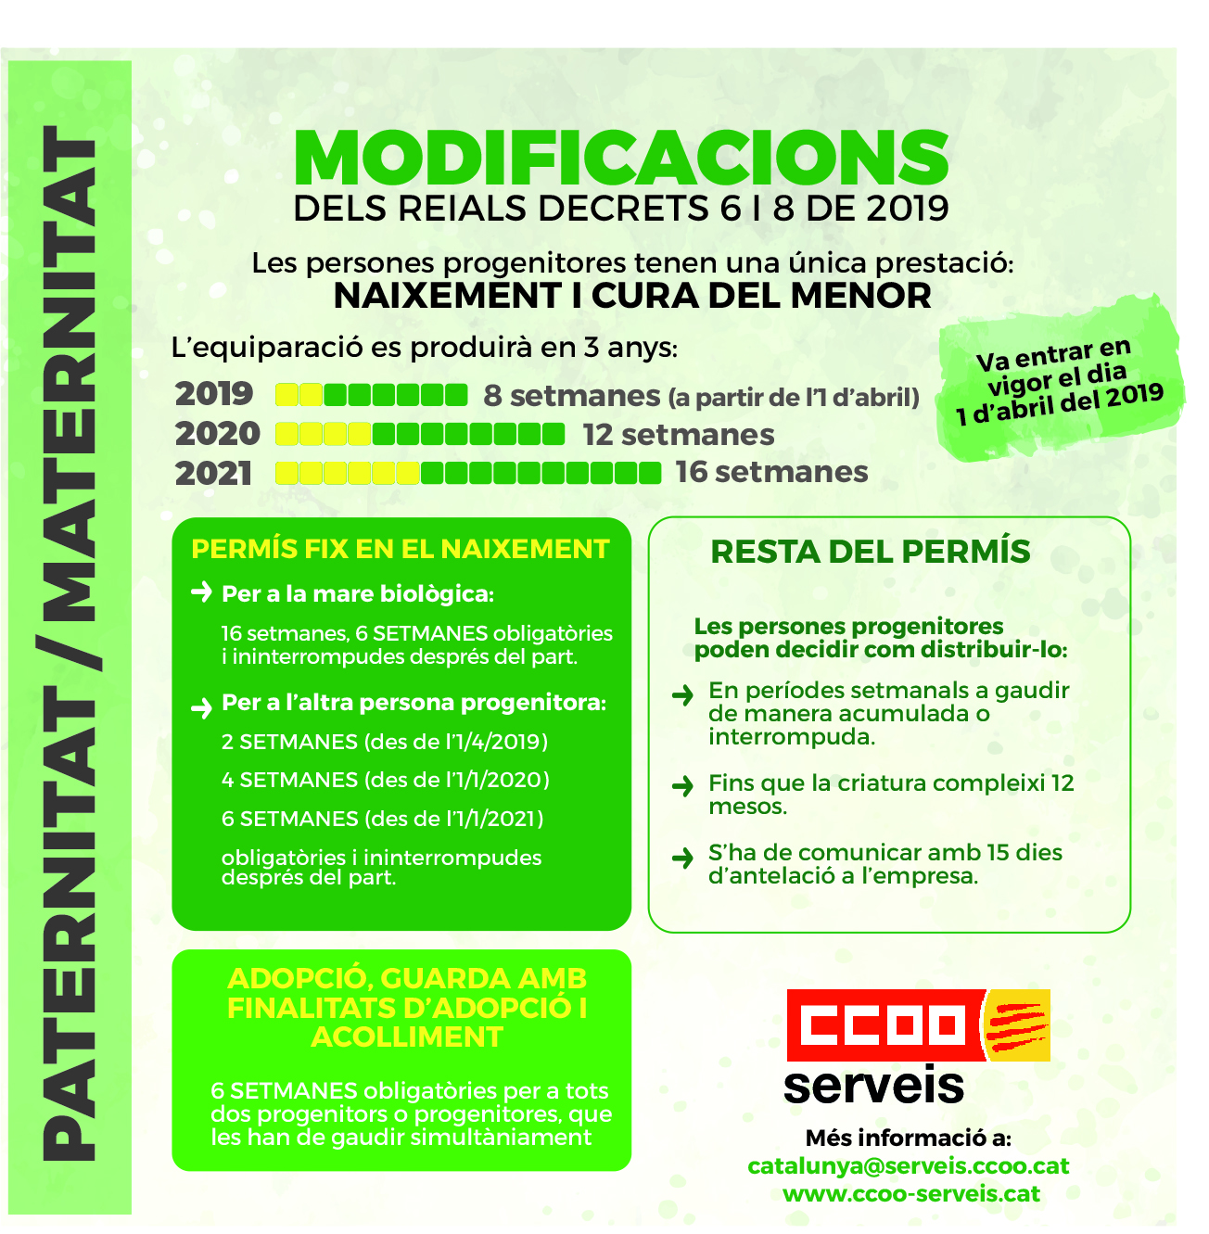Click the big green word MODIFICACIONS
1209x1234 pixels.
(x=621, y=158)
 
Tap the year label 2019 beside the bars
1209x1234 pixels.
(x=214, y=394)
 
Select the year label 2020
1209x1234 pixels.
(x=218, y=434)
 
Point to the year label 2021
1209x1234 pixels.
(x=214, y=473)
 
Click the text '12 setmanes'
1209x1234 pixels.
(x=678, y=435)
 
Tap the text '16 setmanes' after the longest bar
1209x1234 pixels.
(x=771, y=472)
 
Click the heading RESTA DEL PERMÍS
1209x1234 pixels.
(x=870, y=552)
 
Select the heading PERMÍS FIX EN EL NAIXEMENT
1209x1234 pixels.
(x=400, y=549)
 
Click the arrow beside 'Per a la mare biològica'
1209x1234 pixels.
(x=201, y=592)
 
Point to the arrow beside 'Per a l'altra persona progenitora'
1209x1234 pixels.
(x=201, y=708)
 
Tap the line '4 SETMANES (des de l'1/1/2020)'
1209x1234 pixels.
(x=385, y=780)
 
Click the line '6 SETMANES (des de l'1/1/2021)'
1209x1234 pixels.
(x=382, y=819)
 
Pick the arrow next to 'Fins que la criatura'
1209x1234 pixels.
(x=682, y=786)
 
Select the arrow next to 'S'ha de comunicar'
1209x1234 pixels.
(x=682, y=857)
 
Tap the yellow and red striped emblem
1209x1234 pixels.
(x=1017, y=1024)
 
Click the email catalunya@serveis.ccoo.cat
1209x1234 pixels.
(x=909, y=1166)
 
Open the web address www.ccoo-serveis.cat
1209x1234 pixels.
(x=911, y=1194)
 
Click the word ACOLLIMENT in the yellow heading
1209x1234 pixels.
(x=407, y=1037)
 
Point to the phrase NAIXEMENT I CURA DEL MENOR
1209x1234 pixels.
(x=632, y=296)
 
